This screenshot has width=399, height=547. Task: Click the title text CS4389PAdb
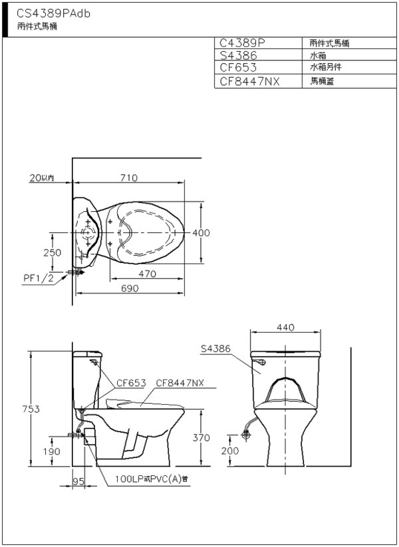click(53, 13)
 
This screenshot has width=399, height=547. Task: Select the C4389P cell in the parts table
click(243, 42)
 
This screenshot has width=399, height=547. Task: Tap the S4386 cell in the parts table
click(238, 55)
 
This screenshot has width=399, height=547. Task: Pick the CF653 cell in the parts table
click(238, 67)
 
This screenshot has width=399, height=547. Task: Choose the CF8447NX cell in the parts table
click(249, 81)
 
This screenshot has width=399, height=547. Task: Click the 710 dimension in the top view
click(129, 178)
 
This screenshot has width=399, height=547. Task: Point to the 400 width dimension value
click(201, 233)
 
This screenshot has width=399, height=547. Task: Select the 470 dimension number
click(147, 274)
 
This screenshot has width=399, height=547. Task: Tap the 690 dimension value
click(130, 289)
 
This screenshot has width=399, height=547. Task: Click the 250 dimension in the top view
click(52, 252)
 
